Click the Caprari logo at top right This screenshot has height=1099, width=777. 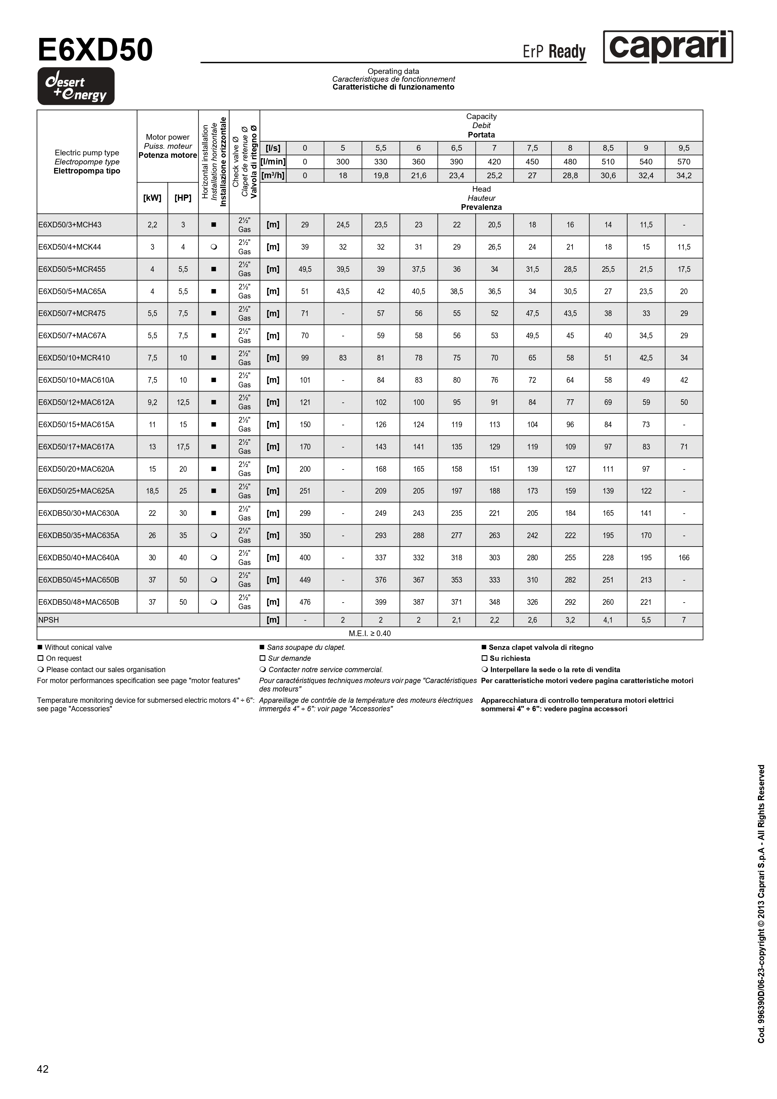(x=667, y=47)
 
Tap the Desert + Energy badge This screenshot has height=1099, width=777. (x=76, y=86)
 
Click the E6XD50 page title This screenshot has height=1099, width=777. (x=95, y=50)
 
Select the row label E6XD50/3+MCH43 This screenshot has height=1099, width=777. (x=70, y=225)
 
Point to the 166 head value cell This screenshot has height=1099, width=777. (x=684, y=557)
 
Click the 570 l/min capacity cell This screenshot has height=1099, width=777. (x=684, y=162)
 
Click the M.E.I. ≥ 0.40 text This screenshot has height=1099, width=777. (x=370, y=634)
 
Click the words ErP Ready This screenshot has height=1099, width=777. (x=554, y=52)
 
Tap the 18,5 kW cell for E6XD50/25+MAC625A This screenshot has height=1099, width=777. (x=152, y=491)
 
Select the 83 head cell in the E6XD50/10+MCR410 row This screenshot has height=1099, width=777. (x=343, y=358)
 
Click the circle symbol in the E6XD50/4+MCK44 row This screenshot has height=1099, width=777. (x=214, y=247)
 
